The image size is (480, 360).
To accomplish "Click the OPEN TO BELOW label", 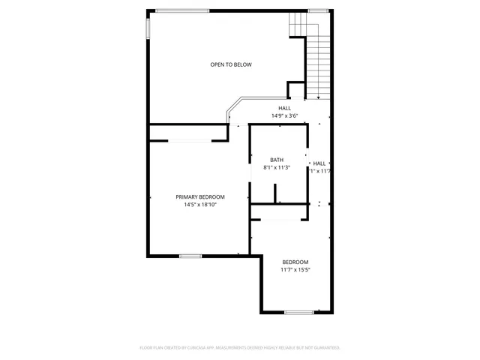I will click(230, 64).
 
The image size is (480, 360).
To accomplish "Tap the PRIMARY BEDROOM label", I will click(200, 196).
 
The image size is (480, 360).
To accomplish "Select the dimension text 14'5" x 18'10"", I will click(200, 204).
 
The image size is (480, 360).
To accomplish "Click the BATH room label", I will click(277, 160).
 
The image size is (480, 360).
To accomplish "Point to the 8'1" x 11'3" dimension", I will click(277, 167).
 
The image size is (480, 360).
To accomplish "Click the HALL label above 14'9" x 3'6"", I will click(284, 108).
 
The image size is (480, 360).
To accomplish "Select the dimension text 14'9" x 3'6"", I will click(284, 115).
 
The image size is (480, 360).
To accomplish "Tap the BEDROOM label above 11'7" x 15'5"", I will click(295, 262).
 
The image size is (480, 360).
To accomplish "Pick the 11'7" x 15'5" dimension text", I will click(295, 269).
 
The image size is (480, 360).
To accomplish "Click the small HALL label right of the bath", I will click(319, 163).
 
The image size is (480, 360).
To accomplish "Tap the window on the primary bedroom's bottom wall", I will click(190, 256).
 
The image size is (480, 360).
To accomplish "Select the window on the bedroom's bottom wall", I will click(298, 311).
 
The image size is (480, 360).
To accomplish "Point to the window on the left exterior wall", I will click(147, 26).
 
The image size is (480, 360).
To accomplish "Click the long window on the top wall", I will click(182, 10).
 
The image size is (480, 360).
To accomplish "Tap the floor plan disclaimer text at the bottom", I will click(240, 347).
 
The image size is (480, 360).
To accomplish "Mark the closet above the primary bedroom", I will click(188, 133).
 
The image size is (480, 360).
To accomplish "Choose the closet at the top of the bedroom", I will click(278, 212).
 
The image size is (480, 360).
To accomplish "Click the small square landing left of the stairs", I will click(296, 90).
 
